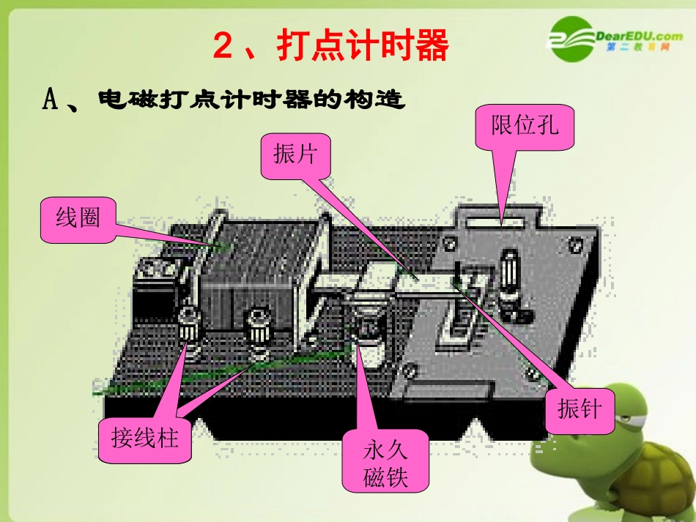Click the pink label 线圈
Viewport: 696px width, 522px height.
(x=78, y=219)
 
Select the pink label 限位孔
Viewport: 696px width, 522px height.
(x=525, y=127)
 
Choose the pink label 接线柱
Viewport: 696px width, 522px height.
(x=145, y=440)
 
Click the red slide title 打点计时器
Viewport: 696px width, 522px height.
(x=362, y=45)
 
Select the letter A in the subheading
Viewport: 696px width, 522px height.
(x=51, y=99)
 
